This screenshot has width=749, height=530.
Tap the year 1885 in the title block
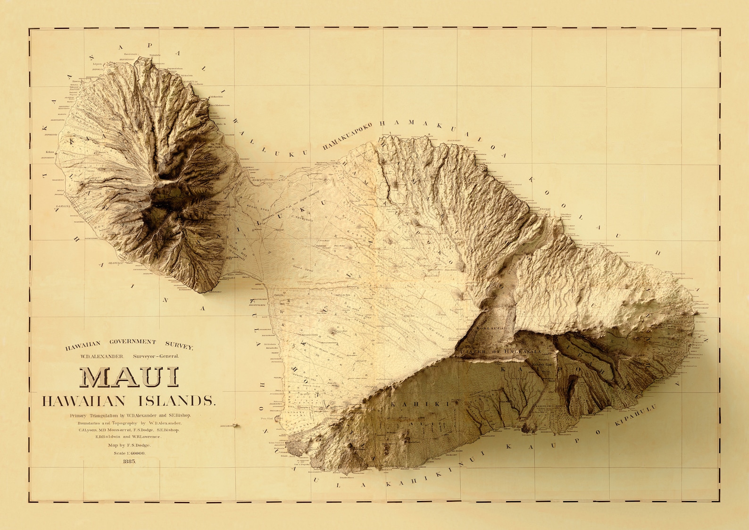(x=129, y=461)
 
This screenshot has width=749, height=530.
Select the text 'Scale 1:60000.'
(x=130, y=453)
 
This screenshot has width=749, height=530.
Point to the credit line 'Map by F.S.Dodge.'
(x=129, y=445)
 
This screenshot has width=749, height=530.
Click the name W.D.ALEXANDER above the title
(x=102, y=356)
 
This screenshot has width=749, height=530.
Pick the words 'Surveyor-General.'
(x=156, y=356)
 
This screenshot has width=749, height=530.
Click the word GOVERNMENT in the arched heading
(x=133, y=341)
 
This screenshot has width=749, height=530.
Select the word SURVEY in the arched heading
(x=179, y=345)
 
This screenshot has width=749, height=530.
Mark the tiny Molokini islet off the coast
(x=236, y=425)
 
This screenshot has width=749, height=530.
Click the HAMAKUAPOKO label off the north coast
(x=347, y=135)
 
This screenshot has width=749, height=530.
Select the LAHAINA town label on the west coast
(x=63, y=206)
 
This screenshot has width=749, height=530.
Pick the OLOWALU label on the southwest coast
(x=116, y=262)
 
